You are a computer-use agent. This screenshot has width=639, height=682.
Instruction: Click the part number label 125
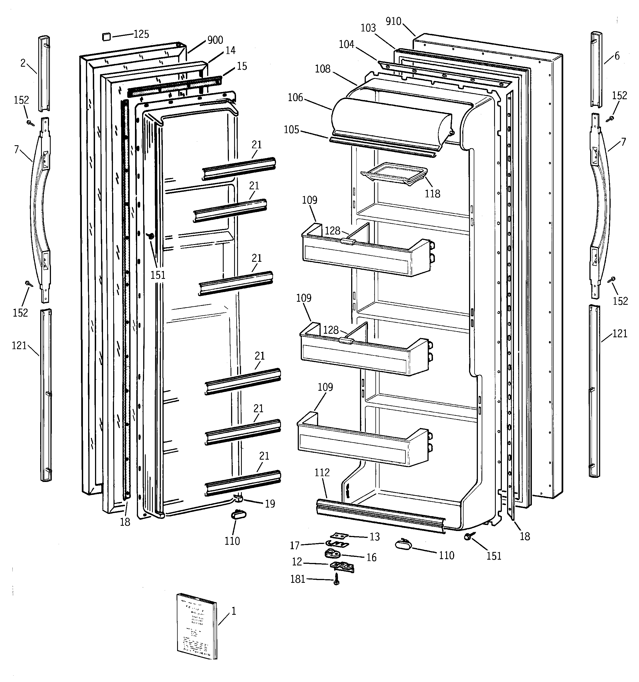[141, 34]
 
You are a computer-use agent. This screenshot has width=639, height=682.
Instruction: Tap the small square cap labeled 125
[106, 36]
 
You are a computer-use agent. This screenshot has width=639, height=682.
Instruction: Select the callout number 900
[215, 40]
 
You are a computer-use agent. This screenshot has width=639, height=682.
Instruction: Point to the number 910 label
[393, 21]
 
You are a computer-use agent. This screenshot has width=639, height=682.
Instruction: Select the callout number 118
[432, 193]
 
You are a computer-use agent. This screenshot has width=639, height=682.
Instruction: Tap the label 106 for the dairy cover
[295, 98]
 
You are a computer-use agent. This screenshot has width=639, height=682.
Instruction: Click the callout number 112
[322, 472]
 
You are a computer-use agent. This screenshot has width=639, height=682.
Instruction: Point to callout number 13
[375, 537]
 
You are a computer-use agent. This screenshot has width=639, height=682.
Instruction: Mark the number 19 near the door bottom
[270, 504]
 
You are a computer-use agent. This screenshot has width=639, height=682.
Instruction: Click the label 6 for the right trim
[617, 56]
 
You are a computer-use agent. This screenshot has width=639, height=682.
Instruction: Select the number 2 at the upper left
[23, 63]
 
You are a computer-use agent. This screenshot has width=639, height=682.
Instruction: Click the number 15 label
[242, 66]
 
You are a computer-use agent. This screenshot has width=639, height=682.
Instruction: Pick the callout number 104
[346, 44]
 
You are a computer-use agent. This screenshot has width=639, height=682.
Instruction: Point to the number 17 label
[295, 545]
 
